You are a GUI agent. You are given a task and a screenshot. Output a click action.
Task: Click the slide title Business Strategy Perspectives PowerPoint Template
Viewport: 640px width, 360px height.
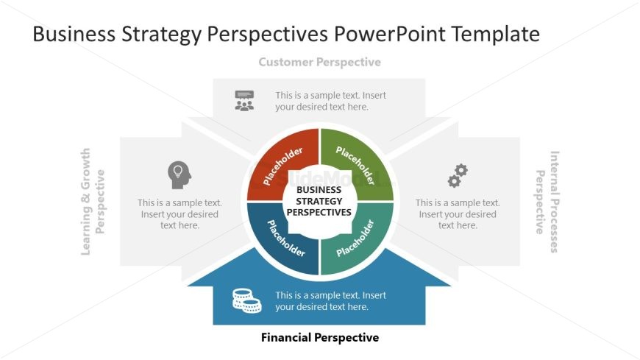[286, 34]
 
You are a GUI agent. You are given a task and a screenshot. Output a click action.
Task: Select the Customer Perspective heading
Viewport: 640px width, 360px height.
[319, 63]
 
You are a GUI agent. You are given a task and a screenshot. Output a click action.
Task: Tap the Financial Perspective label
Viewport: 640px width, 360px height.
[319, 338]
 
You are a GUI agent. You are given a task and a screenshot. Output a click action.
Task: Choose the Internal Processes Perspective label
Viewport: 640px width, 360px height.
[548, 202]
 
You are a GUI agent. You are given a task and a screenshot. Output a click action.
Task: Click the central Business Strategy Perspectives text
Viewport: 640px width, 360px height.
[319, 201]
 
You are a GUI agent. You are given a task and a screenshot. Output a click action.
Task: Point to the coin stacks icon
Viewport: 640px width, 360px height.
[246, 300]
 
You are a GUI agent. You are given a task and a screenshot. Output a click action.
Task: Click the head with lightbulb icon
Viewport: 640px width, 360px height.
[179, 174]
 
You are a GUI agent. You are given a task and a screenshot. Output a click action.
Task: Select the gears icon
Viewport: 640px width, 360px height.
[458, 176]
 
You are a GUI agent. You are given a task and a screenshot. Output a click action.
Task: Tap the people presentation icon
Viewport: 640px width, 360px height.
[244, 101]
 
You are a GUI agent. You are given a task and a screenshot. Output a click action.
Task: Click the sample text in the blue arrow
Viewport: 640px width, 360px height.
[330, 301]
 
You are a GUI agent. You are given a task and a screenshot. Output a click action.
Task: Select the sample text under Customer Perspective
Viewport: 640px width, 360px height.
[330, 101]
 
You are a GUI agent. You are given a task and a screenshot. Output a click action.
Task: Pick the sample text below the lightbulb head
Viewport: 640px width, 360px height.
[179, 214]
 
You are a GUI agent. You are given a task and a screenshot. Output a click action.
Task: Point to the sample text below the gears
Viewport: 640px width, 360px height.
[458, 214]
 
